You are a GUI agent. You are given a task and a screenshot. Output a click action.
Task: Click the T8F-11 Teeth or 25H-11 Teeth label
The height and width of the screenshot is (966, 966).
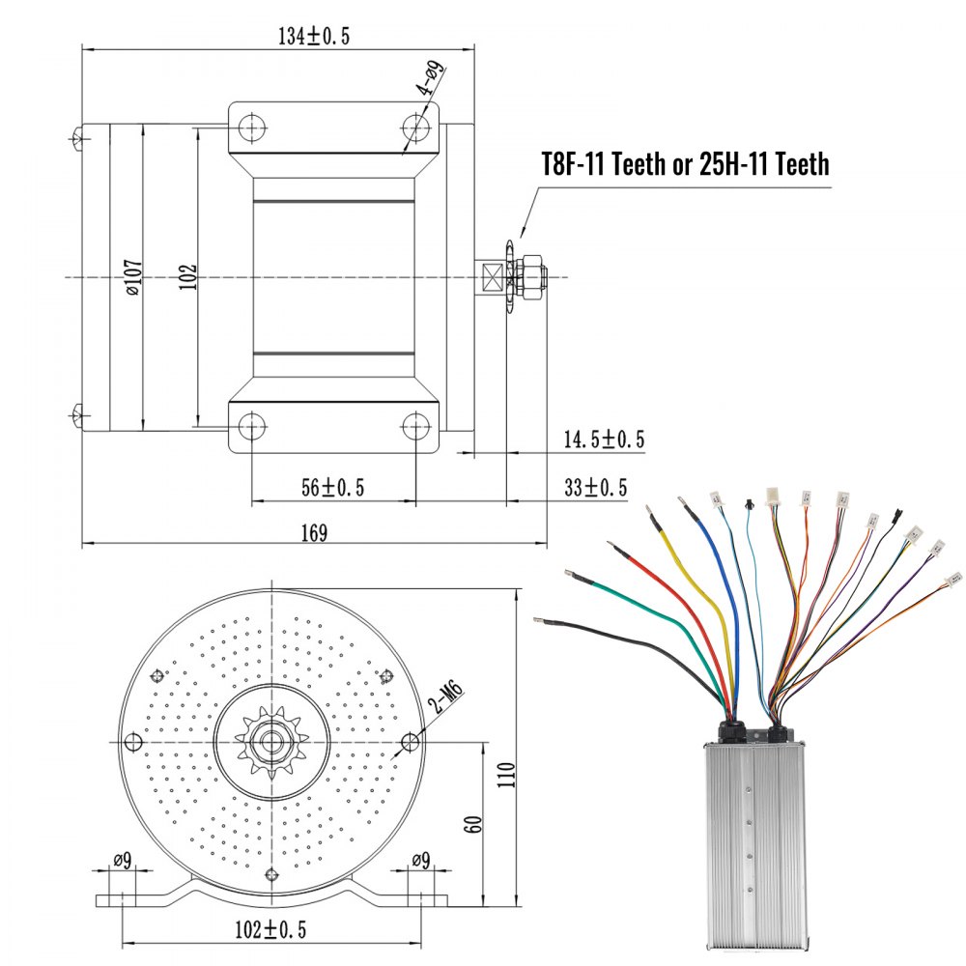tap(684, 164)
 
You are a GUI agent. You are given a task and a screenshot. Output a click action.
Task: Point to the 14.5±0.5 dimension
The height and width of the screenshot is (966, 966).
tap(604, 440)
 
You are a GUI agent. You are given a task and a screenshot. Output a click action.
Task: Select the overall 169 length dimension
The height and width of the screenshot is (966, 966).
tap(314, 531)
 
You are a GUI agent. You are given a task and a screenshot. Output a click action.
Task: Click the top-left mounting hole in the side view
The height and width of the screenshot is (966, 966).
tap(253, 127)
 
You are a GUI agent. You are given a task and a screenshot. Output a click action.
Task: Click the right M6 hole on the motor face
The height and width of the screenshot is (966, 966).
tap(411, 742)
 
